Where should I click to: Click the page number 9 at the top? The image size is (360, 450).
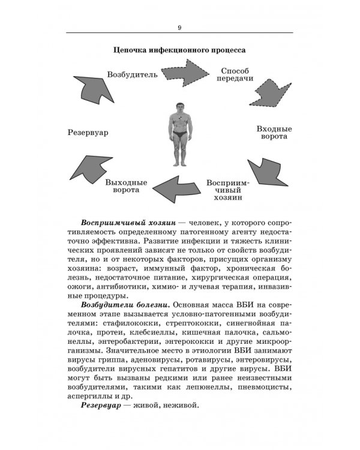[180, 26]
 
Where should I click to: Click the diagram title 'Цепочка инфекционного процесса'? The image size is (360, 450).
[180, 51]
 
